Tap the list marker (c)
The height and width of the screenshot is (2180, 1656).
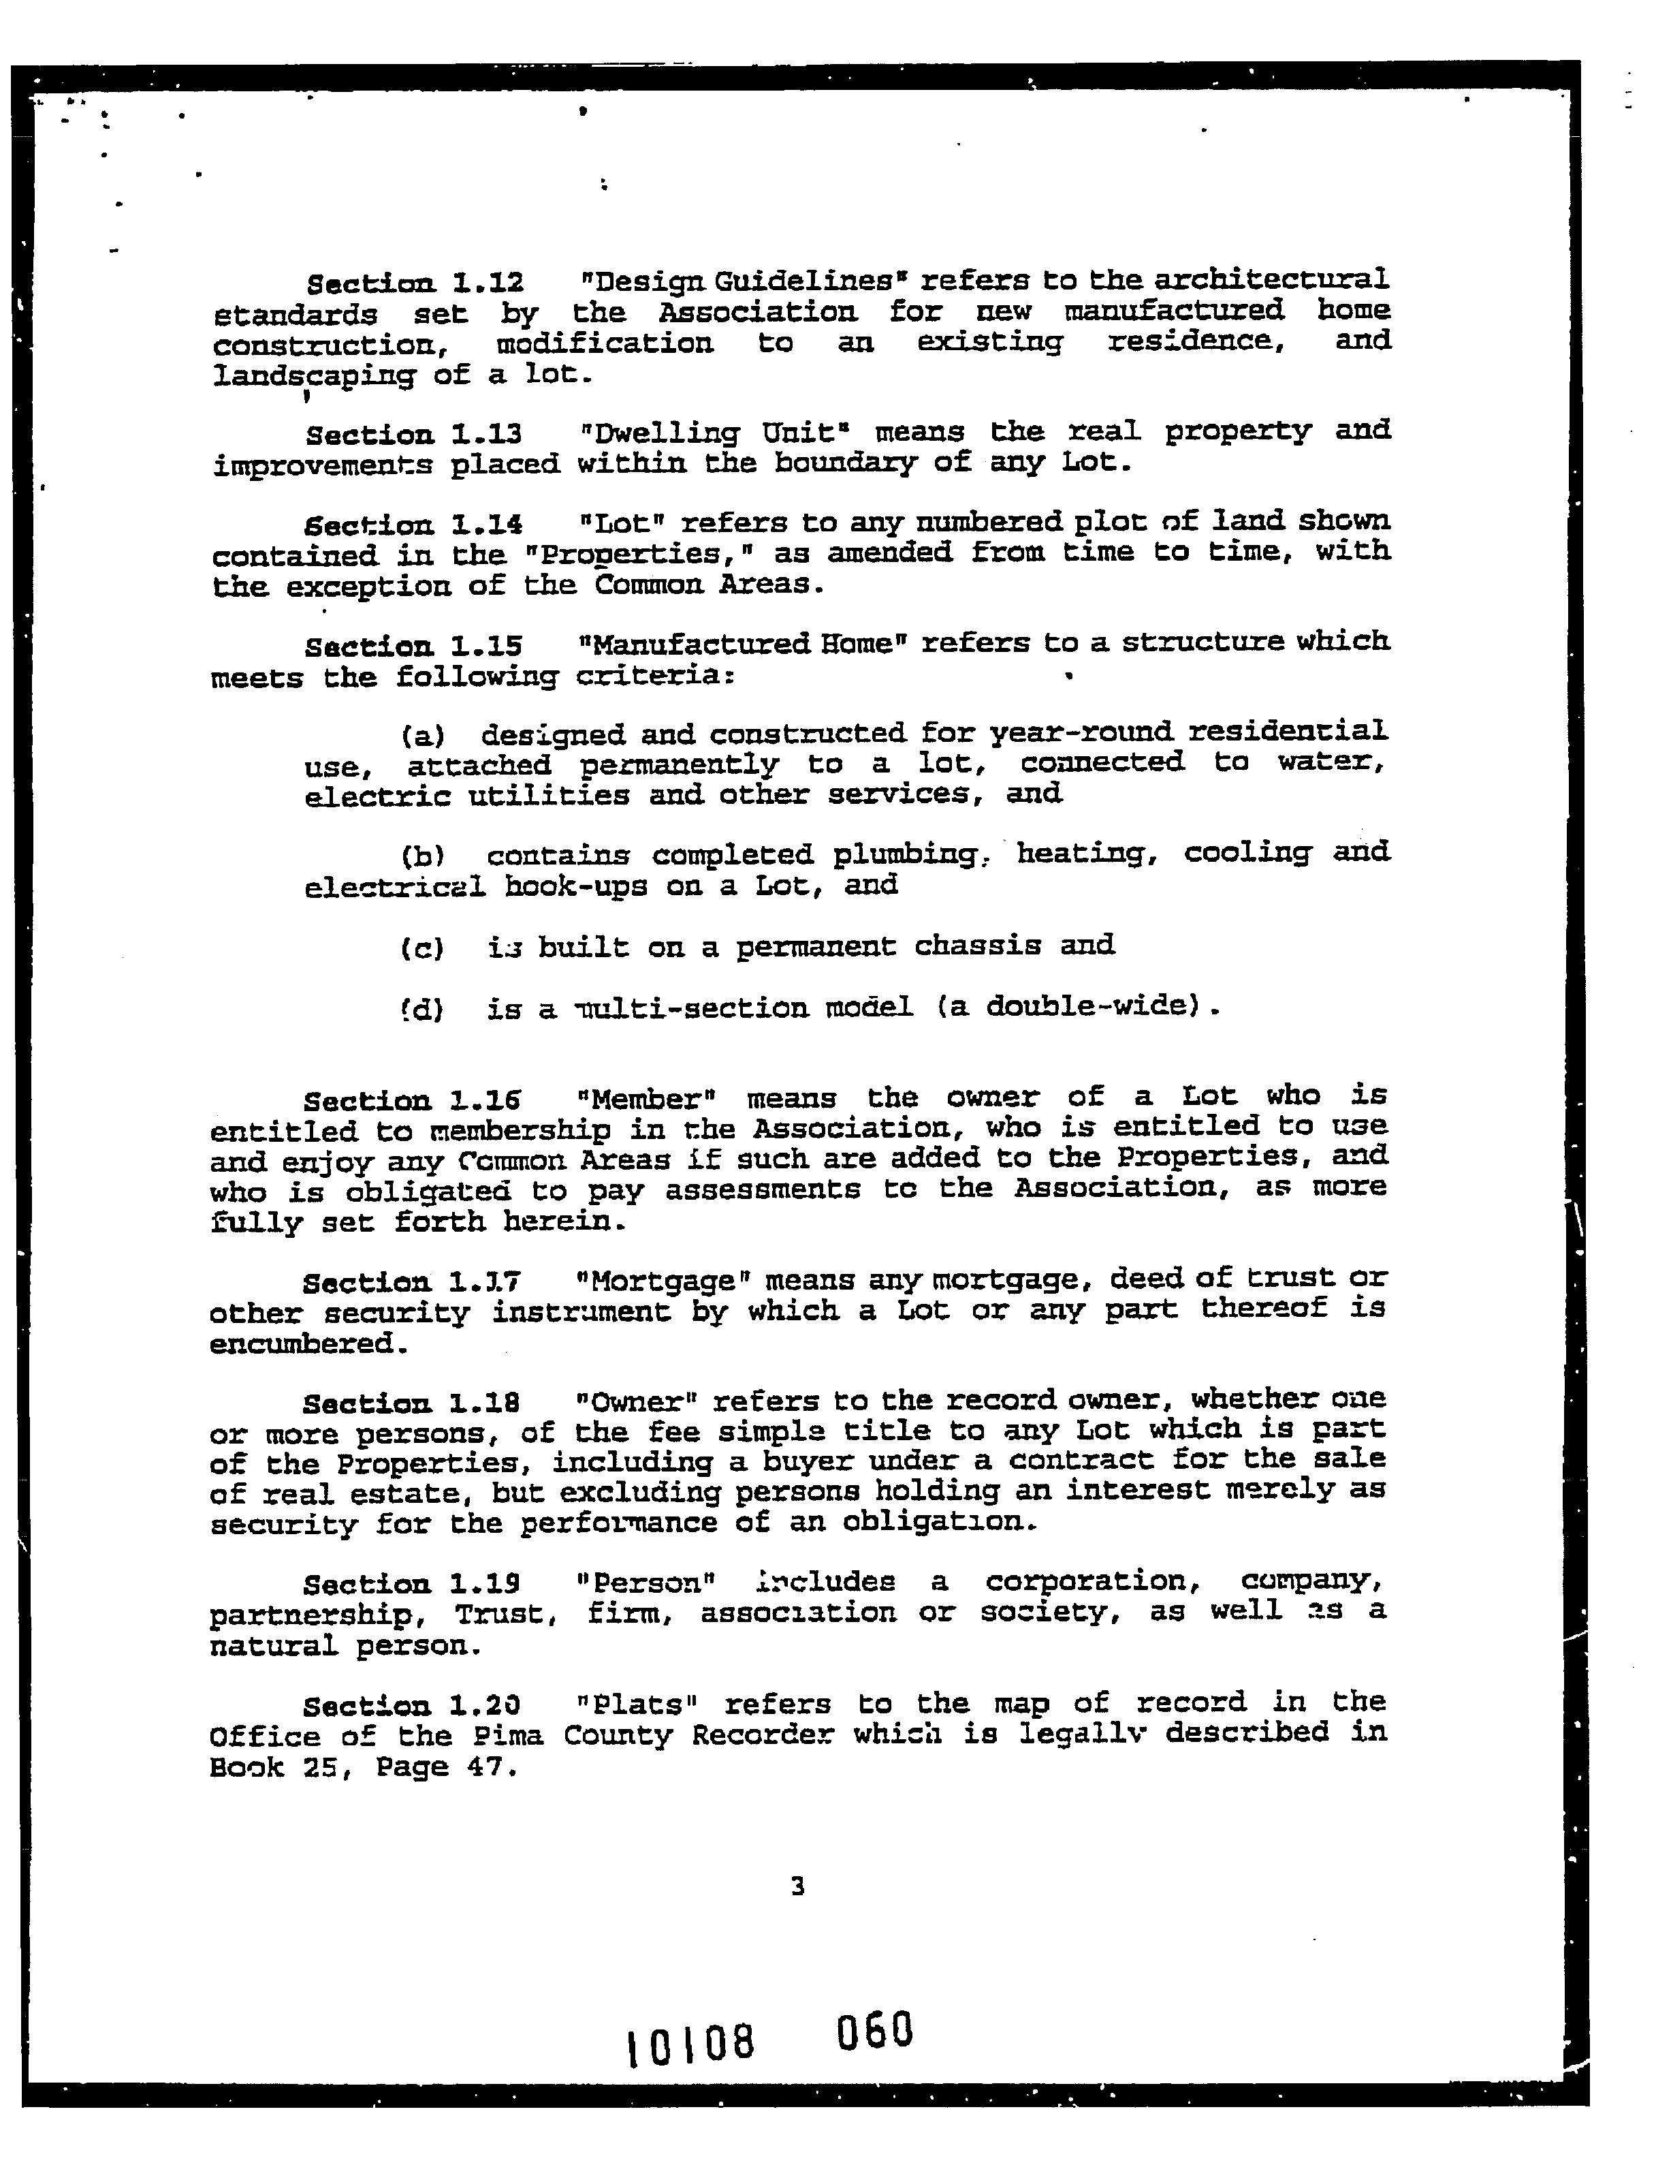[x=423, y=948]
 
